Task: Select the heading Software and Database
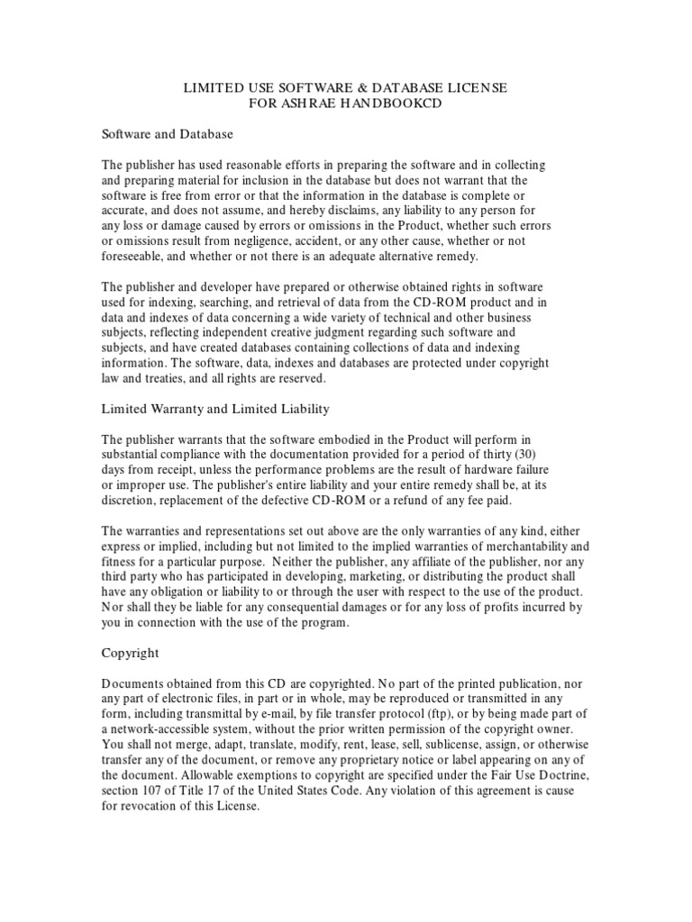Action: (167, 134)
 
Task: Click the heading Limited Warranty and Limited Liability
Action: (215, 409)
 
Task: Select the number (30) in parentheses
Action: (522, 455)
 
